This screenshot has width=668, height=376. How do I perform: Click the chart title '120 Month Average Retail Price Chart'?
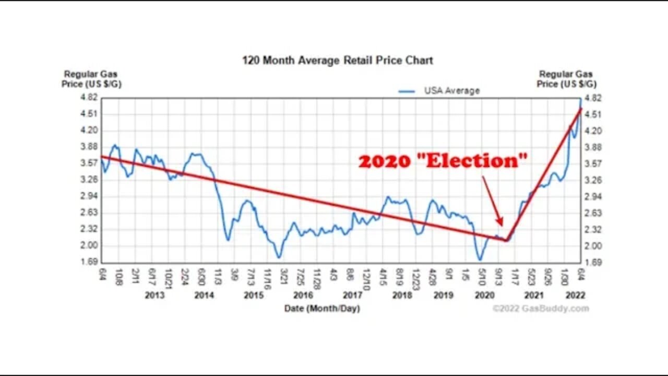point(337,60)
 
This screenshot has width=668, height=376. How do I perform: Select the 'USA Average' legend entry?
point(451,91)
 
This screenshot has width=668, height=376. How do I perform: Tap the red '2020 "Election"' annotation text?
point(443,161)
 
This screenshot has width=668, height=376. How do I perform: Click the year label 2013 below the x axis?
point(154,296)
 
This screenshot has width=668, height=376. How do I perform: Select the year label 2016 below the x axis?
point(303,296)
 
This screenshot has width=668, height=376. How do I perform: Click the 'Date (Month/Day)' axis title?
point(322,308)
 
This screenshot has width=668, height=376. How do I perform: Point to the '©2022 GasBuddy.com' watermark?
point(541,308)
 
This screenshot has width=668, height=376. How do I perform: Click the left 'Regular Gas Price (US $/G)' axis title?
point(91,79)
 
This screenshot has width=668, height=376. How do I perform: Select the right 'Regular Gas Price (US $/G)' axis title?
point(566,79)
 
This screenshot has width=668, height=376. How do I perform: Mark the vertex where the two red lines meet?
point(506,240)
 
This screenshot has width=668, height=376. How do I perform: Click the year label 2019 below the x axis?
point(443,296)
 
